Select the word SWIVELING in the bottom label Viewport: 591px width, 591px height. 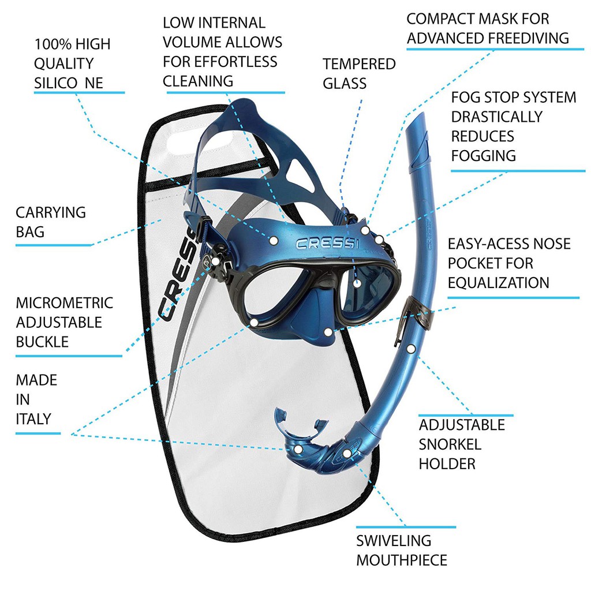point(394,541)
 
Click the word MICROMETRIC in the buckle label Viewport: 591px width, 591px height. point(64,303)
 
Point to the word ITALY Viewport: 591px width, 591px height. point(33,418)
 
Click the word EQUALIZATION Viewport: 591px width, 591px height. point(498,283)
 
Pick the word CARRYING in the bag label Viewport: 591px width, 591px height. point(51,212)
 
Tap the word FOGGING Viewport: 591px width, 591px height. point(484,155)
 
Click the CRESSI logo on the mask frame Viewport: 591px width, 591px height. point(327,244)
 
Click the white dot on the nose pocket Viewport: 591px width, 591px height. point(328,332)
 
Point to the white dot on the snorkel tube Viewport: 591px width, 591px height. point(410,349)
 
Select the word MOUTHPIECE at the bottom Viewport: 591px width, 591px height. point(402,560)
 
